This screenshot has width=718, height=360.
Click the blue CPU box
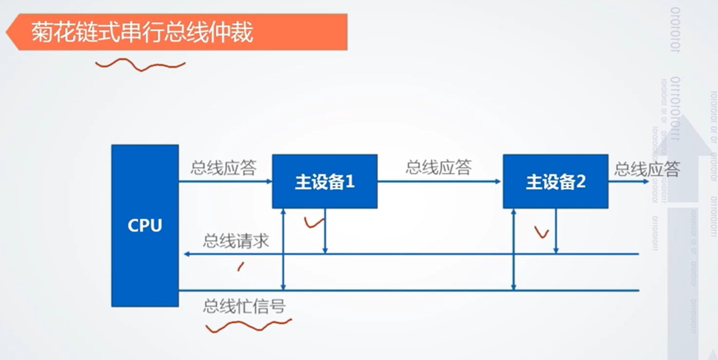click(145, 226)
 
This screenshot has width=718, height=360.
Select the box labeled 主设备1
click(324, 181)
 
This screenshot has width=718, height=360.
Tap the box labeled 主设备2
click(555, 181)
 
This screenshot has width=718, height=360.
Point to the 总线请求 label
click(236, 241)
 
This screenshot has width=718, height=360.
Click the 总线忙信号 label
click(244, 306)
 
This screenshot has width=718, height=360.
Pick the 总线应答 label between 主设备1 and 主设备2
click(438, 167)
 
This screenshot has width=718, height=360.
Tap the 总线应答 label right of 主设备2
click(647, 169)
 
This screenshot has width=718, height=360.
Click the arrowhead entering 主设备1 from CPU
click(269, 182)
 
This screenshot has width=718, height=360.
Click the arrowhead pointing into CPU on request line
click(187, 254)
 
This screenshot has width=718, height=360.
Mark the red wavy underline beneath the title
click(140, 65)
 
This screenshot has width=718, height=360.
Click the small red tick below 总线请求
click(240, 266)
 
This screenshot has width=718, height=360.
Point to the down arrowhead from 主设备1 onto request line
click(325, 250)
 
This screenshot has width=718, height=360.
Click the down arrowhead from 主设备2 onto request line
click(556, 250)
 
